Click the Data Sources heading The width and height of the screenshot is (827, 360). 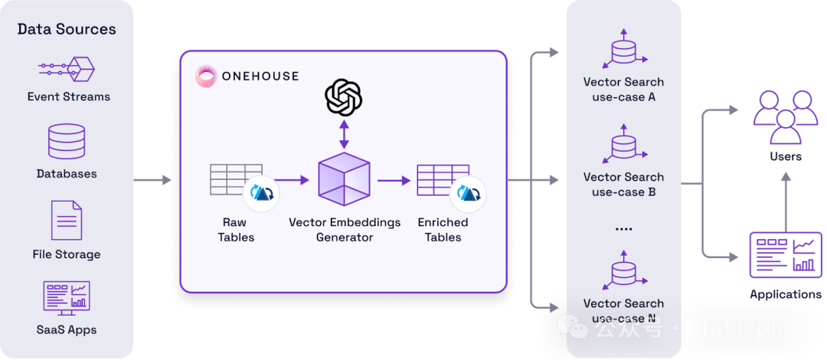point(67,30)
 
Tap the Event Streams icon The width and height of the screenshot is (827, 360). point(67,70)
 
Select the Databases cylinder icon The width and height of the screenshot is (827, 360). point(67,142)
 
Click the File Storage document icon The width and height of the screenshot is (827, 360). point(67,221)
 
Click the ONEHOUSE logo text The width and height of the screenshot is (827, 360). point(260,76)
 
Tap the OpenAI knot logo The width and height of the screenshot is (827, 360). point(344,97)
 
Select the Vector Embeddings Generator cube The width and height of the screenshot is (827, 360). point(344,179)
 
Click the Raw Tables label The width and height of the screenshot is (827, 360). point(236,230)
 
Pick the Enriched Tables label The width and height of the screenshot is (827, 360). point(443,230)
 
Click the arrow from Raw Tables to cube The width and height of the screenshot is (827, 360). point(291,181)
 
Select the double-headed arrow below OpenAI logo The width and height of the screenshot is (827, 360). point(344,134)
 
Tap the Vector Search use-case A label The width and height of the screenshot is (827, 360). point(623,90)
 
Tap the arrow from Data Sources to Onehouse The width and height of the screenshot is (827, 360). point(153,181)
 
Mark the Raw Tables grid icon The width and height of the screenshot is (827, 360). point(234,181)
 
